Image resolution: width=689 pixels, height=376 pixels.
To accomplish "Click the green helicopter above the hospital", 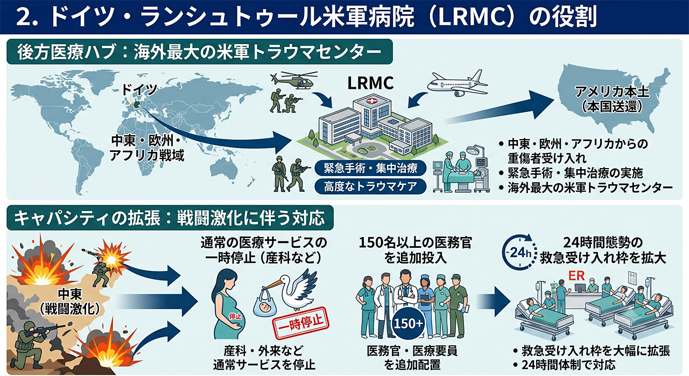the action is point(294,80).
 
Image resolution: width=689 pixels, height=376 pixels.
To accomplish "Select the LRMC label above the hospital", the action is point(370,83).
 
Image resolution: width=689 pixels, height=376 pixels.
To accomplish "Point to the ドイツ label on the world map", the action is point(139,89).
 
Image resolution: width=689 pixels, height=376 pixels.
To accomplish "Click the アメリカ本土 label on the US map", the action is point(612,92).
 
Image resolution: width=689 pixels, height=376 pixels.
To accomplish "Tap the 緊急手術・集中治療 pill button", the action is point(370,168).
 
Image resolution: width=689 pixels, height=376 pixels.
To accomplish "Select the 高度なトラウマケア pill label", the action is point(370,186).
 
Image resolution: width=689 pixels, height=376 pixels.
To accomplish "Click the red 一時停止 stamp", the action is point(300,324).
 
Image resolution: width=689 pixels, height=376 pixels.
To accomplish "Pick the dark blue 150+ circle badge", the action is point(408,323).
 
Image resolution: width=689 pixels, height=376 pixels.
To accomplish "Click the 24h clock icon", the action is point(519,252).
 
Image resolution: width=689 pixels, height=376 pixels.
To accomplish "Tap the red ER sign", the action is point(576,276).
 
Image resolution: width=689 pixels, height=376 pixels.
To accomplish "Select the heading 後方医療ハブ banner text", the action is point(199,52).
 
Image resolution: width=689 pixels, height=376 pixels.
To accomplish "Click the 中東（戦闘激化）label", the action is point(70,302).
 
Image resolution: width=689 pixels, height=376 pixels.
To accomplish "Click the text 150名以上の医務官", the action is point(415,243).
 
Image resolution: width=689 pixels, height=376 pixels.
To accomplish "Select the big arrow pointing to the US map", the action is point(498,109).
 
